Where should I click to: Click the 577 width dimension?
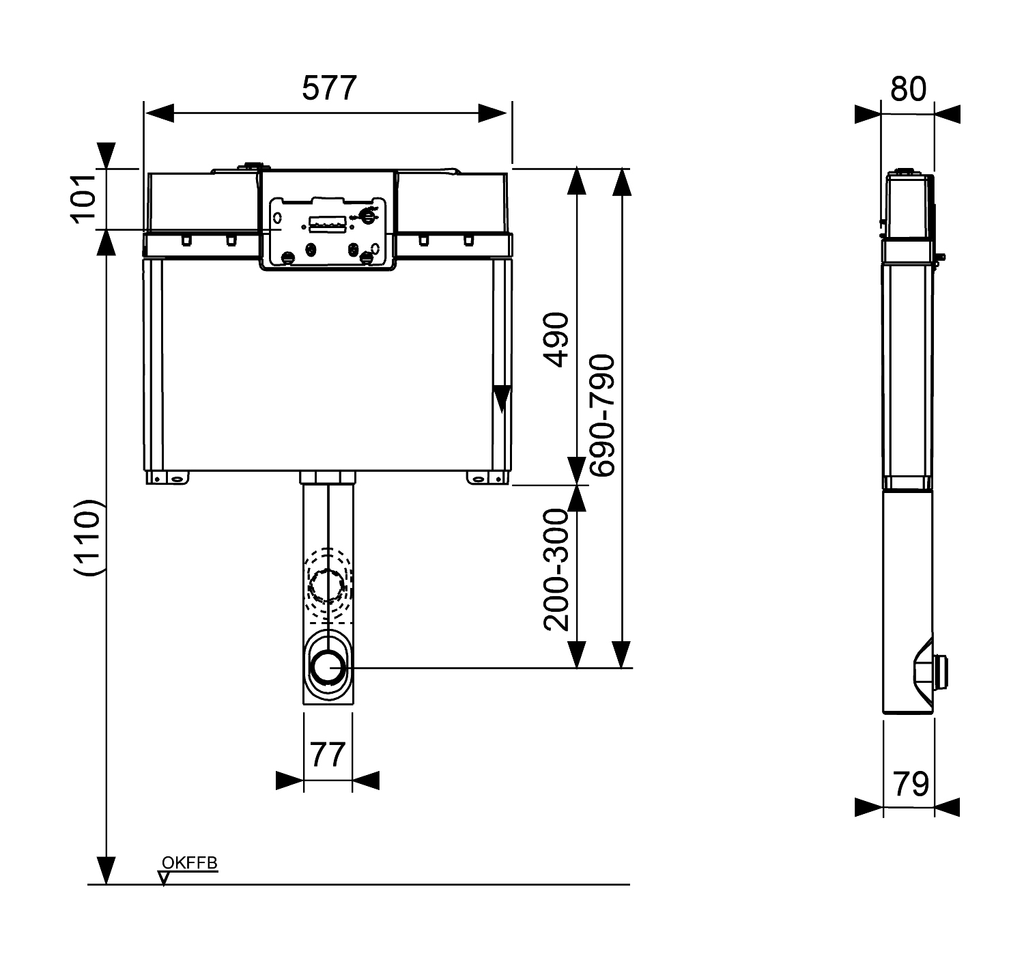[329, 88]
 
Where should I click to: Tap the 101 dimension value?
[83, 199]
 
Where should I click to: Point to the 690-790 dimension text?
[603, 415]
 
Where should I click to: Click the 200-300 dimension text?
[556, 570]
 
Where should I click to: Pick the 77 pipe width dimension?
[328, 755]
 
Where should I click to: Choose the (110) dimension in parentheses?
[89, 537]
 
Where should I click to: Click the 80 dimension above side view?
[908, 89]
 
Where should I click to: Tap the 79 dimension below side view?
[911, 784]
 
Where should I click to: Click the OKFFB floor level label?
[190, 862]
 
